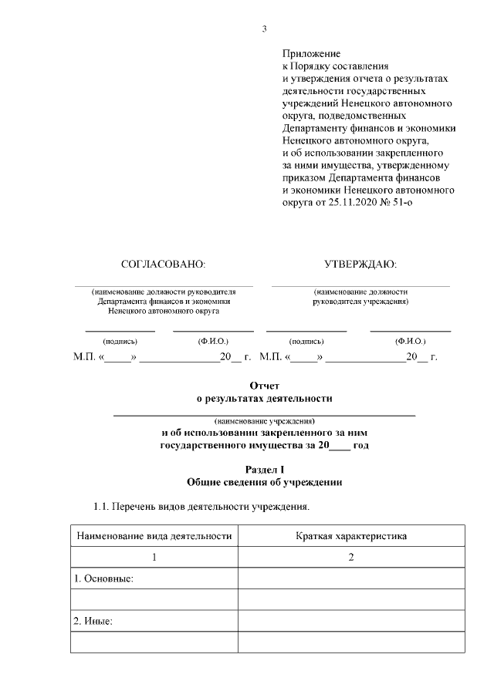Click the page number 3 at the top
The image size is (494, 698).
click(x=264, y=29)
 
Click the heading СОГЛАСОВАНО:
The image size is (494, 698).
click(x=164, y=264)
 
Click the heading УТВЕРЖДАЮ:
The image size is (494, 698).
click(x=360, y=264)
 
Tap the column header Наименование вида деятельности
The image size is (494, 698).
click(x=153, y=535)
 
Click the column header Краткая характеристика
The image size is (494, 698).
click(x=350, y=535)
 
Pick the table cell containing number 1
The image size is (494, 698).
click(x=154, y=557)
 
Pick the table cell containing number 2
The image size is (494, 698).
click(x=351, y=557)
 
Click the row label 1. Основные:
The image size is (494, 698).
click(x=104, y=578)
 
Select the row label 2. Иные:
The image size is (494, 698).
click(x=93, y=621)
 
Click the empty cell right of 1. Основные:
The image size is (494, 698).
click(x=351, y=578)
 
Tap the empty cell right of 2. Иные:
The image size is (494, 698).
click(x=351, y=621)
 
